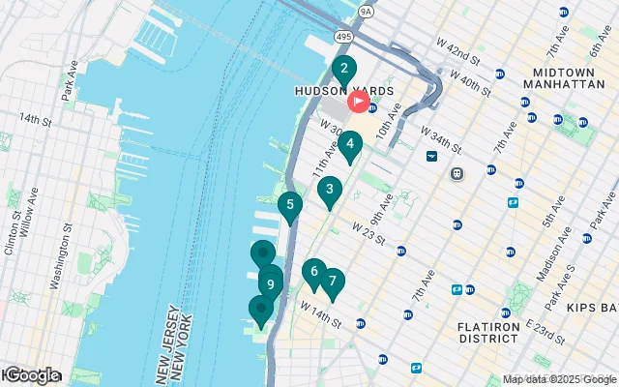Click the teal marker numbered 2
tap(341, 70)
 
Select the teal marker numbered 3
tap(330, 191)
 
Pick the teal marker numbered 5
tap(289, 205)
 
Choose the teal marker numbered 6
tap(313, 272)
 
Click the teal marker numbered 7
tap(333, 282)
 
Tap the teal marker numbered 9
tap(270, 285)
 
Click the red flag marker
tap(358, 101)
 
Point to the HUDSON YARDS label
tap(344, 91)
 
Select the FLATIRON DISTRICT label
tap(490, 333)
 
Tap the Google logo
tap(31, 375)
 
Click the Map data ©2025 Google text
tap(558, 380)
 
